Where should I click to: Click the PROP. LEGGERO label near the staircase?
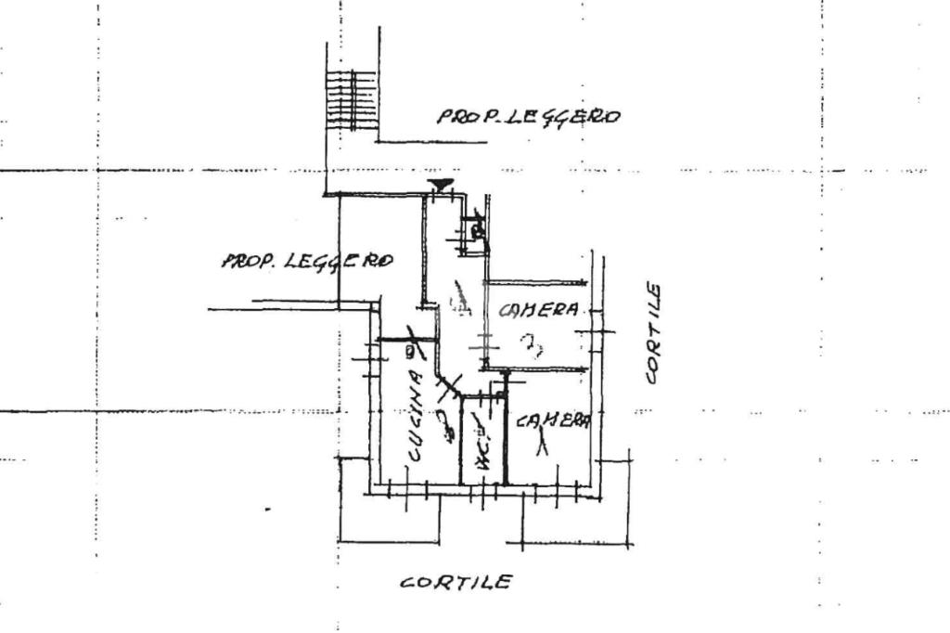(528, 116)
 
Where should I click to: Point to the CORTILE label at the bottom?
(456, 583)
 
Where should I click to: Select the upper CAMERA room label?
(539, 310)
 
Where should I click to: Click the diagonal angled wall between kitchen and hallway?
(453, 381)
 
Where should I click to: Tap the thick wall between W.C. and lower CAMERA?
(505, 436)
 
